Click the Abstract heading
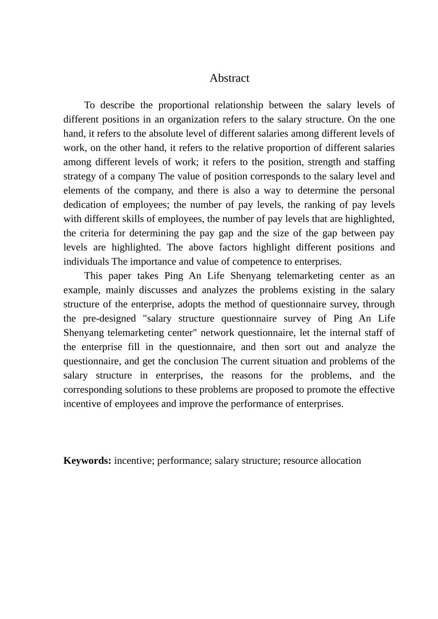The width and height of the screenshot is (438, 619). pyautogui.click(x=229, y=78)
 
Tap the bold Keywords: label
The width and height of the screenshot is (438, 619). pyautogui.click(x=87, y=461)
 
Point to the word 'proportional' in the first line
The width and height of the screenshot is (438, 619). pyautogui.click(x=183, y=105)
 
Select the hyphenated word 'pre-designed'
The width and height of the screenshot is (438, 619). pyautogui.click(x=109, y=318)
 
